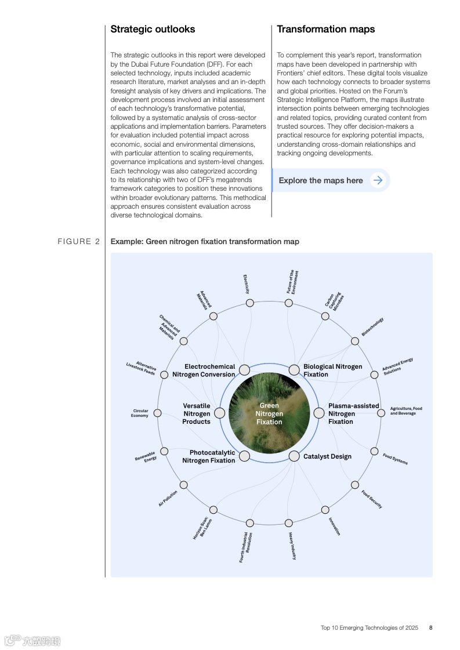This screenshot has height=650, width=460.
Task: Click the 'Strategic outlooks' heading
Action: pyautogui.click(x=153, y=29)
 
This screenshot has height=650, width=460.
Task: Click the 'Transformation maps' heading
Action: pyautogui.click(x=325, y=29)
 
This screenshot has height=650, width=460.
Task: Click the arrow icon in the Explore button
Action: pyautogui.click(x=378, y=180)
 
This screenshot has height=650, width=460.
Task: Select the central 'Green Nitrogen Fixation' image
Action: pyautogui.click(x=269, y=413)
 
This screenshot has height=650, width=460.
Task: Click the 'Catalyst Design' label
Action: pyautogui.click(x=327, y=456)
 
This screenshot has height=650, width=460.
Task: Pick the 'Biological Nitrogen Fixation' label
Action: pyautogui.click(x=332, y=371)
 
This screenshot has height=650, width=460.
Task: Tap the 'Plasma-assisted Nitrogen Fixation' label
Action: pyautogui.click(x=353, y=413)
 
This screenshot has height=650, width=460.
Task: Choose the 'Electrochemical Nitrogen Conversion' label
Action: pyautogui.click(x=204, y=371)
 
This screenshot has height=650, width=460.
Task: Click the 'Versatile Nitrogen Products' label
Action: pyautogui.click(x=197, y=413)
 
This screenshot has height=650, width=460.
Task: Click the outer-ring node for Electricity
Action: pyautogui.click(x=250, y=303)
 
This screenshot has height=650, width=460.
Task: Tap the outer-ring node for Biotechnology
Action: pyautogui.click(x=354, y=341)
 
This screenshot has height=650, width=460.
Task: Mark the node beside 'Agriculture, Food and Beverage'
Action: pyautogui.click(x=381, y=413)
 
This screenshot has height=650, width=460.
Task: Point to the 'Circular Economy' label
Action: pyautogui.click(x=140, y=413)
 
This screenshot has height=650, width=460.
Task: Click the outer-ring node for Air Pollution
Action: pyautogui.click(x=184, y=485)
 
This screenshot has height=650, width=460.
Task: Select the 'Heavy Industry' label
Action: pyautogui.click(x=292, y=546)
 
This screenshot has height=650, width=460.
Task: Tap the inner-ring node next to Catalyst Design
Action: pyautogui.click(x=294, y=456)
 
